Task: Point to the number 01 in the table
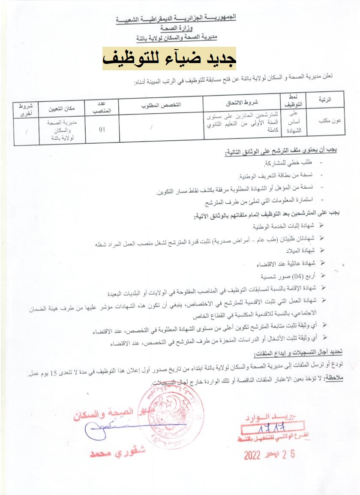pyautogui.click(x=102, y=128)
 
